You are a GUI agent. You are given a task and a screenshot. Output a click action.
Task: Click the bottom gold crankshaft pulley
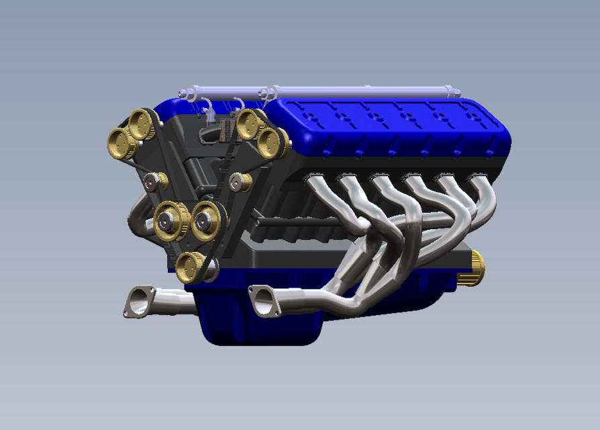coord(189,267)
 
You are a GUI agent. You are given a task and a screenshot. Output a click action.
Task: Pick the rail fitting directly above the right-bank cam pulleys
coord(269,91)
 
